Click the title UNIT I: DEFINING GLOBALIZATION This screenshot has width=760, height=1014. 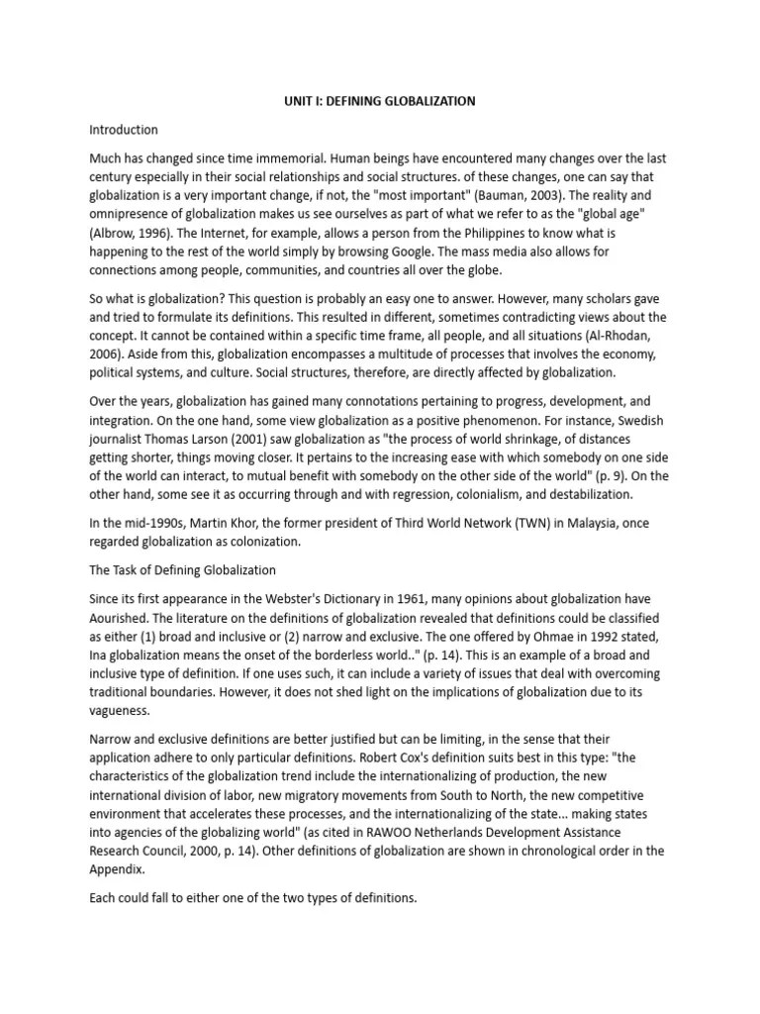379,101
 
